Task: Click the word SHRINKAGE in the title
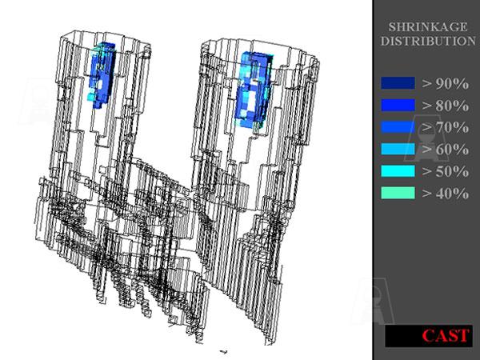point(428,27)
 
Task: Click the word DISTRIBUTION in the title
point(428,41)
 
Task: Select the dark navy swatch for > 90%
point(398,83)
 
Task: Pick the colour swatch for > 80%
point(398,105)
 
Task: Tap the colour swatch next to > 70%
point(398,127)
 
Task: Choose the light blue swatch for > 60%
point(398,149)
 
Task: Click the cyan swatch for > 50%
point(398,171)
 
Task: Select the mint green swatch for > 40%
point(398,193)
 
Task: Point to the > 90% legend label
point(445,83)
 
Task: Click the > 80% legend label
point(445,106)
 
